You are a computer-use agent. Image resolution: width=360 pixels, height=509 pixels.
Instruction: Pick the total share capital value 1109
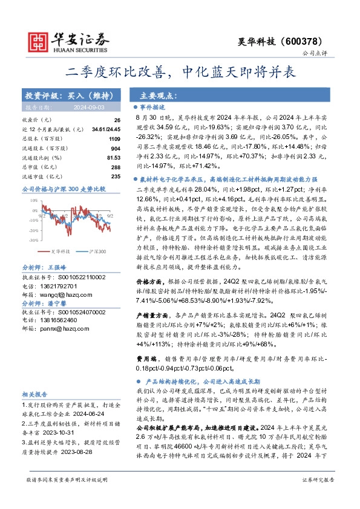tap(114, 138)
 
